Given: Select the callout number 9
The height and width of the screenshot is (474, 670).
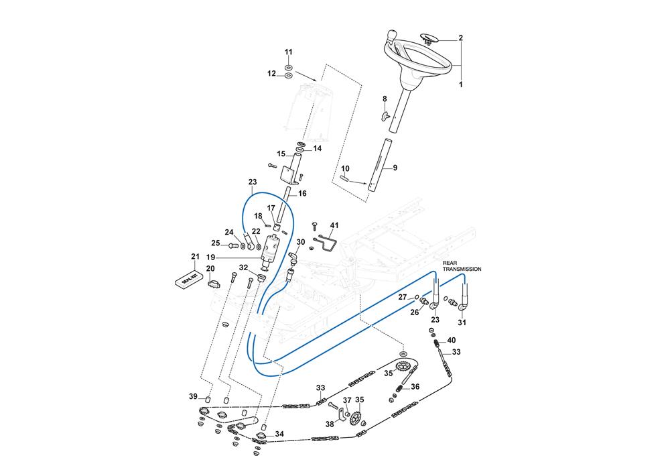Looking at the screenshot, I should click(x=395, y=168).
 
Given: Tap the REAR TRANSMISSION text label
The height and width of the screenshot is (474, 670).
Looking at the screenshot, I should click(x=461, y=265).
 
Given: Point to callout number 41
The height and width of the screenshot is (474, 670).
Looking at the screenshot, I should click(x=334, y=225).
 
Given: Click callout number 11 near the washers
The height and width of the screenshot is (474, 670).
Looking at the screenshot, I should click(x=289, y=52).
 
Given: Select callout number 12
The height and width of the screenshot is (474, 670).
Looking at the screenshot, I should click(x=272, y=74).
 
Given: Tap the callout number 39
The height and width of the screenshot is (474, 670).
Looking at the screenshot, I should click(x=193, y=397).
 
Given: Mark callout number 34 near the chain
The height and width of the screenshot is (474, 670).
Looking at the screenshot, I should click(x=279, y=434).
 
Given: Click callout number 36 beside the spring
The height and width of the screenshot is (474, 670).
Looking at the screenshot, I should click(x=415, y=387).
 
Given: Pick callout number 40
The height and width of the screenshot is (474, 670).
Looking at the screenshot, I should click(x=452, y=341).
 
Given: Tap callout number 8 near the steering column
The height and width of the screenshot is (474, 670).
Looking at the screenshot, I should click(x=385, y=99).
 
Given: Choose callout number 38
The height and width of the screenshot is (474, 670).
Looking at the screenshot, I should click(x=329, y=424).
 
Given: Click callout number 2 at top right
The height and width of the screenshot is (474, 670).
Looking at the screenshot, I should click(x=461, y=38).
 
